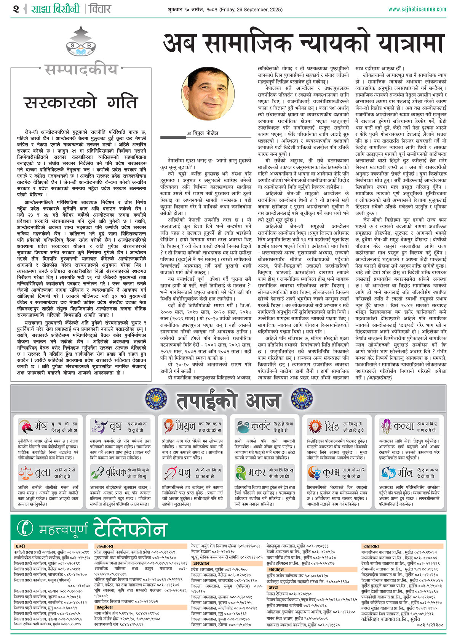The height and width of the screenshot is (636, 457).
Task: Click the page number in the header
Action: [x=16, y=8]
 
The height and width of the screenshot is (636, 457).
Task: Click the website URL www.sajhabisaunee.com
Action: [x=417, y=9]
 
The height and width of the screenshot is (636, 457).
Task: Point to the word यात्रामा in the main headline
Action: [x=407, y=43]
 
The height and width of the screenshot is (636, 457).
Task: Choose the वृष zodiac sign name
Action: [x=115, y=426]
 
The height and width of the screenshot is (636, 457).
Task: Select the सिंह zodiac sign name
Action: [x=332, y=426]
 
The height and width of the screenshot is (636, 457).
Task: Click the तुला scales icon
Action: [x=26, y=473]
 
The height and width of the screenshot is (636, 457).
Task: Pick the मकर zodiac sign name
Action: [x=257, y=473]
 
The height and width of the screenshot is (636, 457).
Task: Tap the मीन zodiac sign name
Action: [x=405, y=473]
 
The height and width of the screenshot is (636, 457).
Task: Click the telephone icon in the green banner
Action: [x=26, y=528]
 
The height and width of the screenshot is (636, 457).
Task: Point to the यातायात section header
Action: [x=371, y=546]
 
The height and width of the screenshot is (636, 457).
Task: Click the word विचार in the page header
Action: [x=100, y=8]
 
